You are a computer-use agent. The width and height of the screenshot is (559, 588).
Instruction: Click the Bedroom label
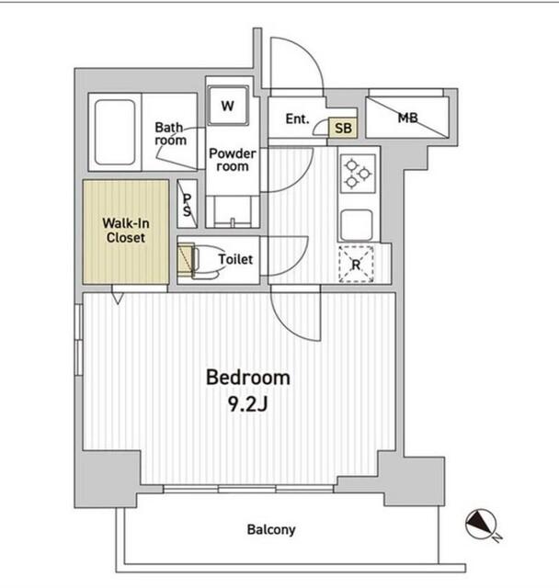point(248,378)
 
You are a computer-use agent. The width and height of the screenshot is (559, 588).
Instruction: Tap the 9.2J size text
point(247,404)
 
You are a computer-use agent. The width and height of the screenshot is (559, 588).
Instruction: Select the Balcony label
point(271,529)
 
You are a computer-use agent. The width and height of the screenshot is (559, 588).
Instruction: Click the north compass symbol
point(482,525)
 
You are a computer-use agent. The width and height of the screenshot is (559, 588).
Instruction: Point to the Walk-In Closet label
point(126,231)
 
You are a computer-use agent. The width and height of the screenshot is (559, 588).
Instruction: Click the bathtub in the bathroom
point(115,132)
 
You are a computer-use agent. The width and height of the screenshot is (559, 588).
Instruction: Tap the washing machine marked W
point(228,106)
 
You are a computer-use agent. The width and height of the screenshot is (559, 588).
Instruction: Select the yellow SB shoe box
point(343,128)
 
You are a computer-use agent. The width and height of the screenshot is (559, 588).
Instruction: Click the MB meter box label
point(408,119)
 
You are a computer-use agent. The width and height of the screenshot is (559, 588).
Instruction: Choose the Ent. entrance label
point(298,119)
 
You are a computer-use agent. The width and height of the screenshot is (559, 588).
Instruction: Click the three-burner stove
point(358,174)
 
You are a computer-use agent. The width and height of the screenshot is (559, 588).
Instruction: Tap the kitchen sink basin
point(357,224)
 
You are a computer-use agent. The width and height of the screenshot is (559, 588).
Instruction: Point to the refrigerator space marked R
point(356,264)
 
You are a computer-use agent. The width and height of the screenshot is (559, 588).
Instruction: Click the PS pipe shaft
point(188,204)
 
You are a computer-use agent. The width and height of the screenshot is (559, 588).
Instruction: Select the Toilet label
point(235,259)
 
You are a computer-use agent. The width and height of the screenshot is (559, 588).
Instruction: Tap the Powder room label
point(233,159)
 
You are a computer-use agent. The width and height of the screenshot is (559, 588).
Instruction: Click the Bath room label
point(171,133)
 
